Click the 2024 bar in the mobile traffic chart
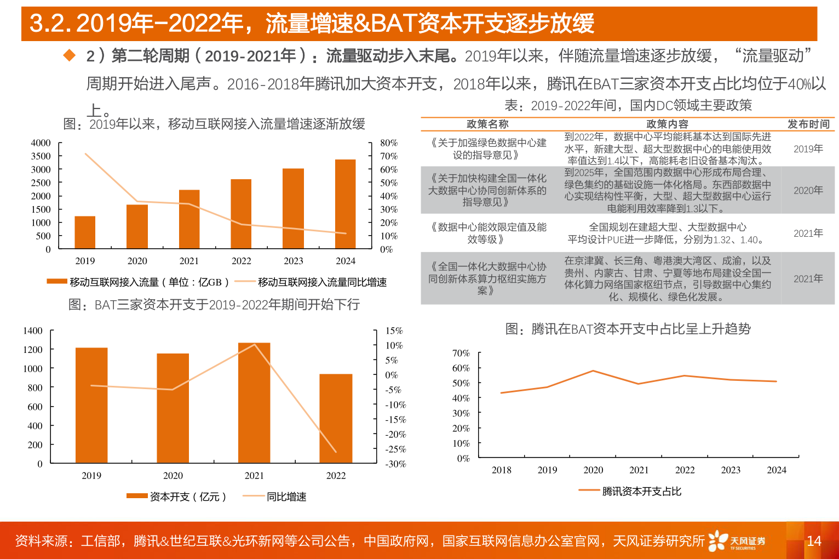[x=345, y=204]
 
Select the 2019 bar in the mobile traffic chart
[x=85, y=232]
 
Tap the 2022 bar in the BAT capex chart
[x=336, y=419]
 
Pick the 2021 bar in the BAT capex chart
[x=254, y=403]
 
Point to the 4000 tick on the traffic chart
[x=41, y=143]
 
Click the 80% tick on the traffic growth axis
[x=389, y=143]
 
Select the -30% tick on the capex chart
[x=395, y=464]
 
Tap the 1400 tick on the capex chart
[x=33, y=331]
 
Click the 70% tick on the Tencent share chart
[x=461, y=353]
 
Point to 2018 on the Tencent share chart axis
[x=501, y=470]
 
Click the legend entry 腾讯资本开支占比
[x=641, y=492]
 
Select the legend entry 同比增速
[x=286, y=497]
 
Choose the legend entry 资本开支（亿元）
[x=187, y=497]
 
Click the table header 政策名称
[x=487, y=124]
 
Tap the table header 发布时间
[x=808, y=124]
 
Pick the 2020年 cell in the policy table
[x=808, y=191]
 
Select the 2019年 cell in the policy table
[x=808, y=149]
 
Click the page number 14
[x=814, y=541]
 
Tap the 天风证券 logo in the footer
[x=737, y=541]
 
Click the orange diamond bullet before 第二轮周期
[x=70, y=55]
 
